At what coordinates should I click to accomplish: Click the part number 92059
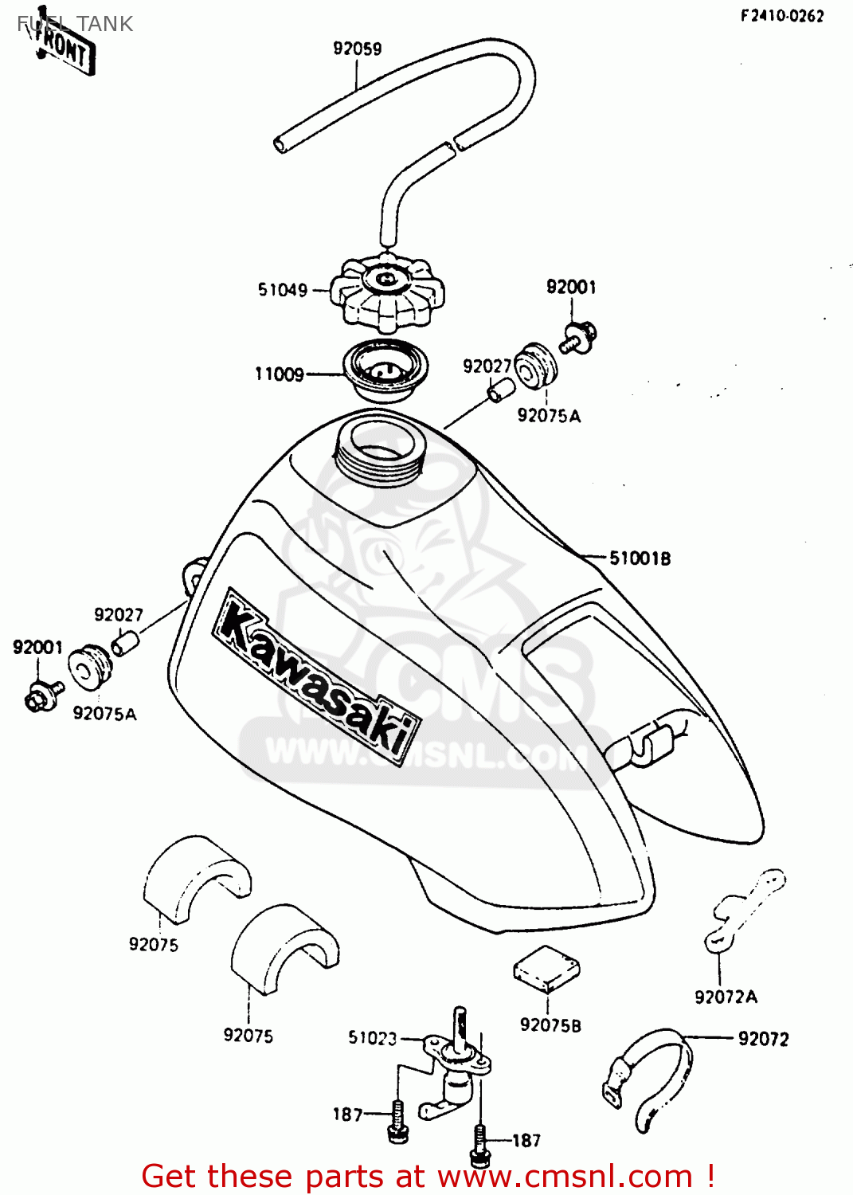(x=357, y=49)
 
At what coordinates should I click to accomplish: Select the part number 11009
(x=280, y=374)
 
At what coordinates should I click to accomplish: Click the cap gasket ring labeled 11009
(x=385, y=370)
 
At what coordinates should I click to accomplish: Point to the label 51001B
(x=640, y=558)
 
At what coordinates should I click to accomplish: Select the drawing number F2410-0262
(x=781, y=16)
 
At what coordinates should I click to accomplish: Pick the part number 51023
(x=372, y=1037)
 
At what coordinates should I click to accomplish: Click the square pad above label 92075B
(x=546, y=969)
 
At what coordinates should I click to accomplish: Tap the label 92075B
(x=550, y=1025)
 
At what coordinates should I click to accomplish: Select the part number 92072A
(x=726, y=997)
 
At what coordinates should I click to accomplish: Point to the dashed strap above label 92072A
(x=744, y=908)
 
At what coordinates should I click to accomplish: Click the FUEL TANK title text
(x=76, y=24)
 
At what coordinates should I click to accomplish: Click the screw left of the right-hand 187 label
(x=479, y=1144)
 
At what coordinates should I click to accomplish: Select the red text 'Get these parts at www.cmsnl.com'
(x=428, y=1176)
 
